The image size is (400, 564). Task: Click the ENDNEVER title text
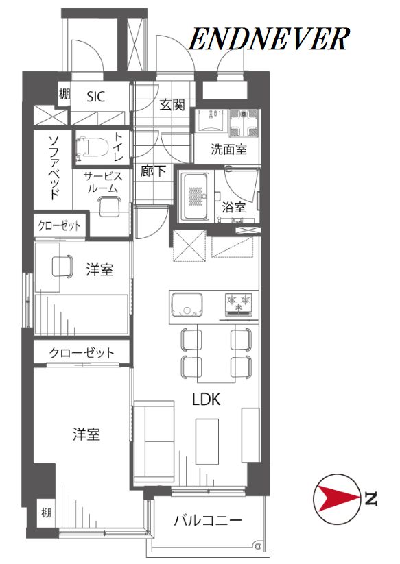pyautogui.click(x=269, y=39)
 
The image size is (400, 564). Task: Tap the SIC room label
pyautogui.click(x=96, y=97)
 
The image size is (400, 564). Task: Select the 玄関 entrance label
pyautogui.click(x=172, y=105)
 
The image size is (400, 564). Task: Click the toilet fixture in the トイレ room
pyautogui.click(x=91, y=148)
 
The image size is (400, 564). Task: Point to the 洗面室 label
pyautogui.click(x=229, y=149)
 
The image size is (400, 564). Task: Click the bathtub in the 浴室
pyautogui.click(x=195, y=197)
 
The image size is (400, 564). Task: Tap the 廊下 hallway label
pyautogui.click(x=153, y=171)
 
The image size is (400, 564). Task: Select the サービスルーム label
pyautogui.click(x=103, y=182)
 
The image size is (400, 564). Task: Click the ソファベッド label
pyautogui.click(x=54, y=167)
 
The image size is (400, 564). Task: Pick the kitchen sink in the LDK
pyautogui.click(x=187, y=304)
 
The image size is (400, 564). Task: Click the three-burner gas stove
pyautogui.click(x=239, y=304)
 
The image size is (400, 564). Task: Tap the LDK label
pyautogui.click(x=206, y=400)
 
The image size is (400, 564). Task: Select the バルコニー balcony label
pyautogui.click(x=208, y=520)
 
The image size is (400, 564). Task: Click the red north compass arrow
pyautogui.click(x=337, y=498)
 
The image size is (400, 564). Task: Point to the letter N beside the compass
pyautogui.click(x=370, y=498)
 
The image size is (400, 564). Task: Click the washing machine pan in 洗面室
pyautogui.click(x=244, y=123)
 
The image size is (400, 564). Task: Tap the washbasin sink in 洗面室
pyautogui.click(x=210, y=120)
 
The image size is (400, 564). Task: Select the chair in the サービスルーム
pyautogui.click(x=109, y=206)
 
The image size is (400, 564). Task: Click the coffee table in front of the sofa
pyautogui.click(x=207, y=441)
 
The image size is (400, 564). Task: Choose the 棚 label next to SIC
pyautogui.click(x=64, y=95)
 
